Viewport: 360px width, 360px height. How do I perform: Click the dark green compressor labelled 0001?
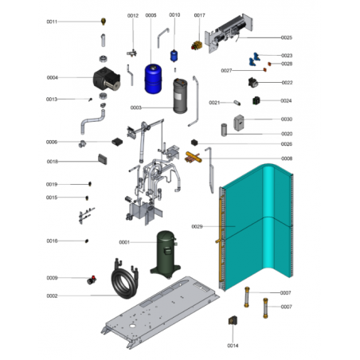click(166, 254)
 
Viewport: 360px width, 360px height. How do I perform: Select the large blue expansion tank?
click(153, 79)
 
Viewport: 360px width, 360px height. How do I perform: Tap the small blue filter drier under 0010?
click(174, 56)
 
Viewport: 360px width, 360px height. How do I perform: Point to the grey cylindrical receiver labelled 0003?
click(180, 96)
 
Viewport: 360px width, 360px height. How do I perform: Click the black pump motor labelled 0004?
click(107, 78)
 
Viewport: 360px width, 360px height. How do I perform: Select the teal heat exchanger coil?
click(256, 227)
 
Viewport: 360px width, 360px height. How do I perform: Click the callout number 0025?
click(287, 37)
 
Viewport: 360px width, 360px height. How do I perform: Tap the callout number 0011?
click(52, 22)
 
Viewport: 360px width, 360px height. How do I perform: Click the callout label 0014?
click(233, 346)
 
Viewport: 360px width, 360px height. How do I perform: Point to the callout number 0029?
click(197, 226)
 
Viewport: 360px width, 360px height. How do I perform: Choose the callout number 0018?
click(53, 162)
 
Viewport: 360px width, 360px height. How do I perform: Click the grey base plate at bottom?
click(160, 312)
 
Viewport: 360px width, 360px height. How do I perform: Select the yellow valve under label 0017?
click(197, 45)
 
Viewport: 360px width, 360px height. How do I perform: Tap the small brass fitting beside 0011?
click(104, 22)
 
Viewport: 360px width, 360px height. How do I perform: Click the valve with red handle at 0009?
click(92, 280)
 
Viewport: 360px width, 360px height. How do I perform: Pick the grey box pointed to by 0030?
click(239, 123)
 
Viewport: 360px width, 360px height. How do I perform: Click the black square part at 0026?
click(194, 143)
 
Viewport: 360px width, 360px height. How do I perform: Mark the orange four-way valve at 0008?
click(194, 157)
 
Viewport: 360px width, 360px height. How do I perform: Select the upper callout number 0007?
click(285, 292)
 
